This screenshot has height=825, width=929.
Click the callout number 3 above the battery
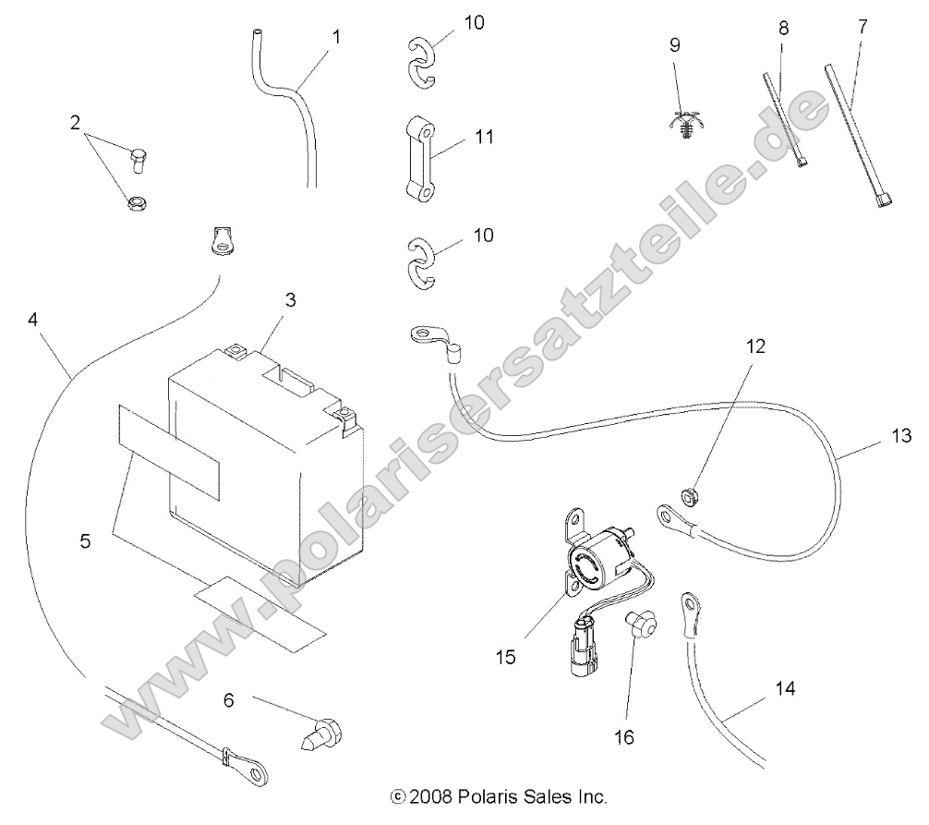pyautogui.click(x=290, y=299)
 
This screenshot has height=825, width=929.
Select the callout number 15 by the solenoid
pyautogui.click(x=505, y=657)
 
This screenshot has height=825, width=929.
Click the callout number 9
pyautogui.click(x=674, y=43)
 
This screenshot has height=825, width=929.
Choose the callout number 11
pyautogui.click(x=483, y=137)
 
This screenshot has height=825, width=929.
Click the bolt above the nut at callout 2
pyautogui.click(x=139, y=160)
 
